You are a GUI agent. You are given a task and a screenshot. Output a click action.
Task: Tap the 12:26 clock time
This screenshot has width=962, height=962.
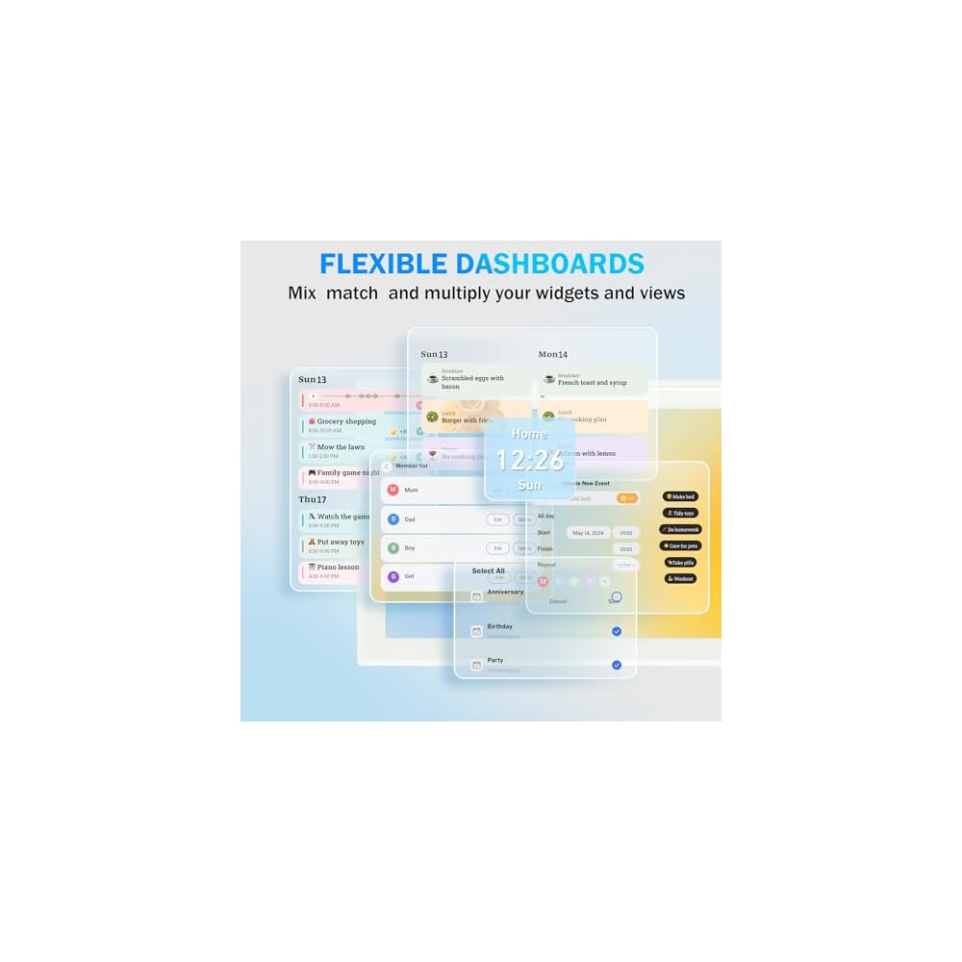coord(529,460)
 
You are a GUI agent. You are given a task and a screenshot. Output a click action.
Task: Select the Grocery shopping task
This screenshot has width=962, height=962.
coord(346,421)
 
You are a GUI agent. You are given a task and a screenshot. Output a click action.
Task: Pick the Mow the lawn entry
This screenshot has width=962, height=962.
coord(341,447)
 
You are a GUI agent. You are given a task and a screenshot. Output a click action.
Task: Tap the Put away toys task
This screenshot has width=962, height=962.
coord(341,542)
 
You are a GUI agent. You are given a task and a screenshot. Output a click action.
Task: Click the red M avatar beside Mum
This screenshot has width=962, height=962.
coord(392,490)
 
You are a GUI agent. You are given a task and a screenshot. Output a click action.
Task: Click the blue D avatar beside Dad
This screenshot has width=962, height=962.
coord(392,519)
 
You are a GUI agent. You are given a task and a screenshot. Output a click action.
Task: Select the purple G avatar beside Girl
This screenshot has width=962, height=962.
coord(392,576)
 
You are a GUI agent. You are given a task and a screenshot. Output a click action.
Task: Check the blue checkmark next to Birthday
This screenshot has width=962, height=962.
coord(617,631)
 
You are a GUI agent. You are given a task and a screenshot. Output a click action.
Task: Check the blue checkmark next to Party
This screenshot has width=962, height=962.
coord(617,665)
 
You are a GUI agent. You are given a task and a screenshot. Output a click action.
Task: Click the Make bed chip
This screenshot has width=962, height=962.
coord(680,496)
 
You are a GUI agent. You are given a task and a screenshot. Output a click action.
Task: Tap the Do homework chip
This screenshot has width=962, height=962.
coord(680,529)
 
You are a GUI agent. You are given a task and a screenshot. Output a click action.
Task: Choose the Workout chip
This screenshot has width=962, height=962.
coord(680,578)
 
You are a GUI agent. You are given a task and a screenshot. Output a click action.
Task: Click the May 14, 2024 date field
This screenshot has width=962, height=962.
coord(587,532)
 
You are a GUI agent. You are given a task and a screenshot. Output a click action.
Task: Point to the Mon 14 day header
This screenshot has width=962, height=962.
coord(552,354)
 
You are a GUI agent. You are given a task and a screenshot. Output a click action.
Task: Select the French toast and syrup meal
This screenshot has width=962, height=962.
coord(592,382)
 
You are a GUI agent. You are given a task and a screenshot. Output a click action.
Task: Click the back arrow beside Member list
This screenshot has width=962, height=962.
coord(387,467)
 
